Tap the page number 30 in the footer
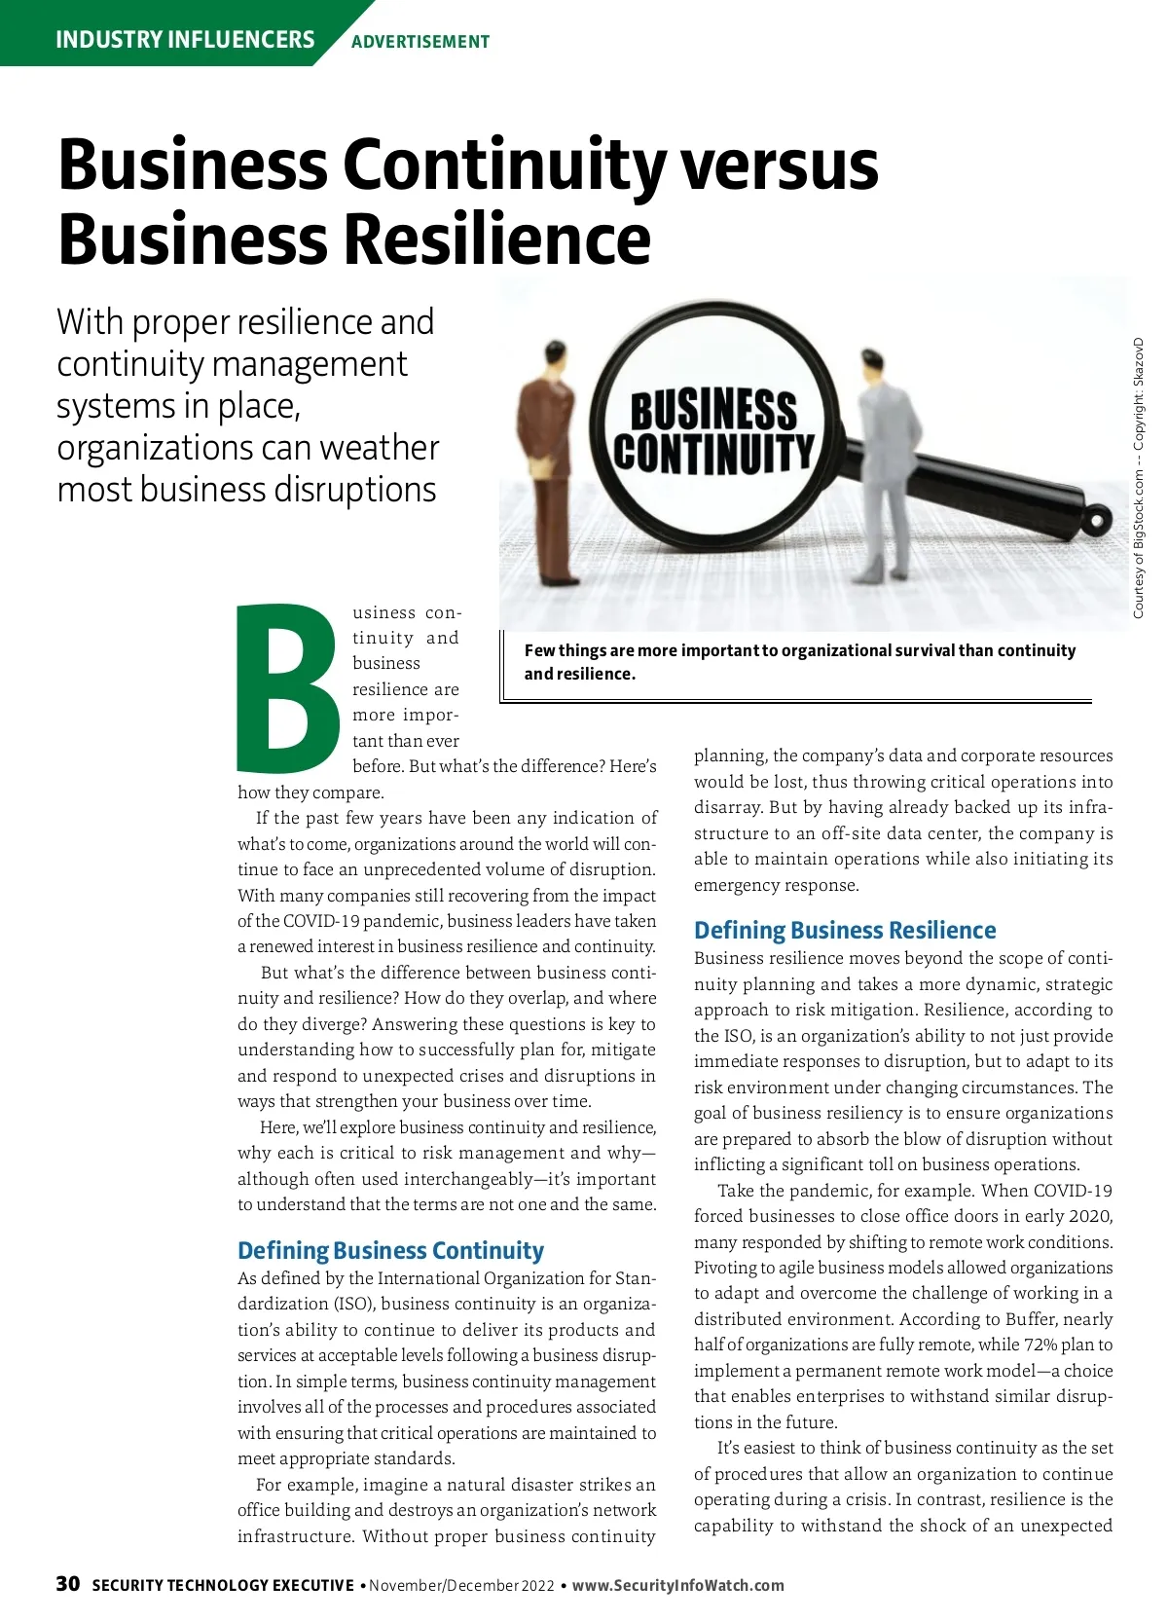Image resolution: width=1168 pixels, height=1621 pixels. point(68,1584)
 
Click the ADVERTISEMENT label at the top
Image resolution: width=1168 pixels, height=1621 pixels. point(420,42)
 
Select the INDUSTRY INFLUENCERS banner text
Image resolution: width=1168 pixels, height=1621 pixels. point(185,40)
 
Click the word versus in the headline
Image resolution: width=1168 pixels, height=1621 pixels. point(779,166)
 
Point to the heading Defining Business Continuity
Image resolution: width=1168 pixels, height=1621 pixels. point(390,1250)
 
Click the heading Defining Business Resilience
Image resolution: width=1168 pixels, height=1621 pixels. point(845,930)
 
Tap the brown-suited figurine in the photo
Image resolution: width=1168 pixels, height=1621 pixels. point(547,458)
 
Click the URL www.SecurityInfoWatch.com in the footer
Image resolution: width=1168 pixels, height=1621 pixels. point(677,1585)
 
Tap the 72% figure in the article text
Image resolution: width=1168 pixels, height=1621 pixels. point(1063,1345)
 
